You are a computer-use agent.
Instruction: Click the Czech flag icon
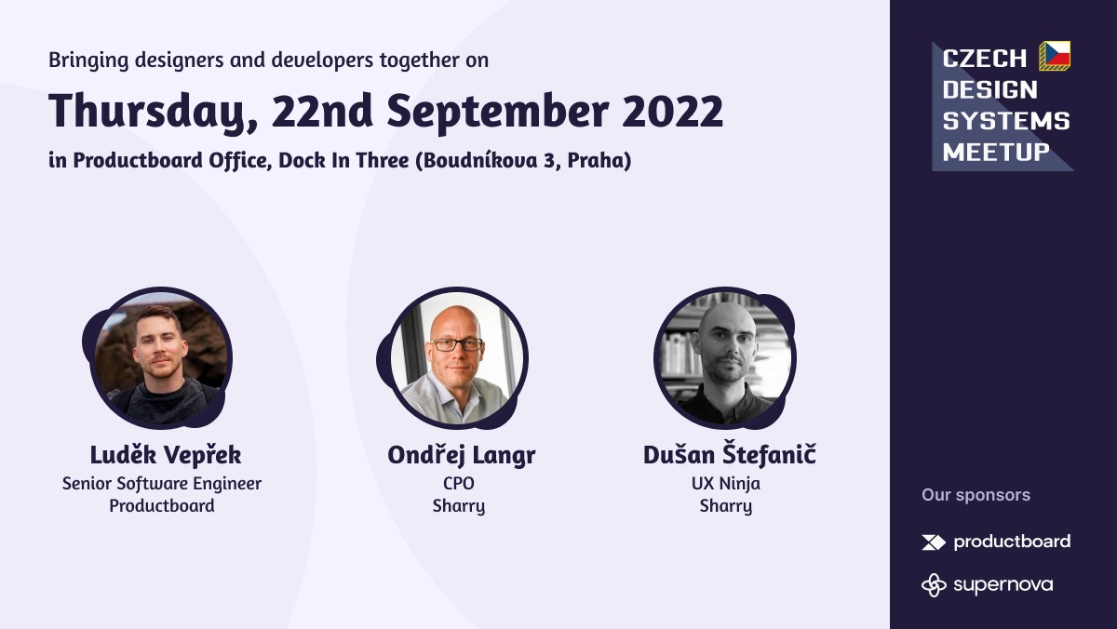click(1055, 56)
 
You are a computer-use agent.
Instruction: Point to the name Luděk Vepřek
click(166, 455)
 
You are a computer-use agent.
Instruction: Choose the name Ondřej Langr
click(462, 455)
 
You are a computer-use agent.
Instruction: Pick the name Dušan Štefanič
click(729, 455)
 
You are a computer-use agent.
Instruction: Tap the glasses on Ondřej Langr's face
click(456, 343)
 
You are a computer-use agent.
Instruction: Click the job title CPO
click(459, 484)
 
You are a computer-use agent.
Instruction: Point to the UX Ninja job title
click(726, 484)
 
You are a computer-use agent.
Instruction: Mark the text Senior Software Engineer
click(162, 484)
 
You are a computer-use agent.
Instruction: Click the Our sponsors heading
click(976, 495)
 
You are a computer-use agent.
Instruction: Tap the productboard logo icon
click(933, 542)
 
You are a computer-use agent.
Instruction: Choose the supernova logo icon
click(934, 584)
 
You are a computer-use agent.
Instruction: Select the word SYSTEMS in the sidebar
click(1006, 121)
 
